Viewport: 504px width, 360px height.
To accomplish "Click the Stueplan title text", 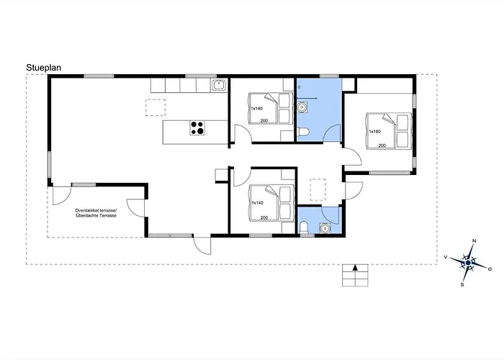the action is click(x=43, y=68).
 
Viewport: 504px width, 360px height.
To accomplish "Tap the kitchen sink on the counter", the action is click(x=219, y=85).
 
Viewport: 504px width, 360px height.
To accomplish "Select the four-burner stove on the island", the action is click(x=197, y=127).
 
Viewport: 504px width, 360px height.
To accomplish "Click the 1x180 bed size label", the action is click(x=375, y=131).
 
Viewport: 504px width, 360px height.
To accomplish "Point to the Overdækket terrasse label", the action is click(x=96, y=210).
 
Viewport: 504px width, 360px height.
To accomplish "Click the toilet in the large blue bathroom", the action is click(x=303, y=132).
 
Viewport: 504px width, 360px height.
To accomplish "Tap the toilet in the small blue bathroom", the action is click(x=303, y=228).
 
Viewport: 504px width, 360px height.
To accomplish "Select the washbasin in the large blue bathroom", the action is click(x=302, y=107).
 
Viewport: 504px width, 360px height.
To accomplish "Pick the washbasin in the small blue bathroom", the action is click(x=325, y=228).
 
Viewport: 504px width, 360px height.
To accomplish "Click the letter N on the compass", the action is click(x=474, y=240).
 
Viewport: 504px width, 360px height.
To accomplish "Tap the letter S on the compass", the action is click(x=462, y=285).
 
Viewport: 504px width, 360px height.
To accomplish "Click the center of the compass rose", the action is click(x=468, y=263).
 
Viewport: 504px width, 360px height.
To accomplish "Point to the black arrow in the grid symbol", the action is click(x=355, y=267).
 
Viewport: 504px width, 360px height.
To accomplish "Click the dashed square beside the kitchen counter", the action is click(x=156, y=108).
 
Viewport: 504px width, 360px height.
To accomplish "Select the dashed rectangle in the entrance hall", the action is click(x=318, y=190).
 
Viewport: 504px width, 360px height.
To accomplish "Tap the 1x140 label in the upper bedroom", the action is click(x=256, y=108).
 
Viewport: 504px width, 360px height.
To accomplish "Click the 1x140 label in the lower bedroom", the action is click(x=258, y=203).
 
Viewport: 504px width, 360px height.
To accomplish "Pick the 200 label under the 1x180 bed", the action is click(x=382, y=145).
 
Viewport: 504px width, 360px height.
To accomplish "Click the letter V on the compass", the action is click(x=446, y=257).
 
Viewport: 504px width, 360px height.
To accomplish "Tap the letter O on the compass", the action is click(x=490, y=269).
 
